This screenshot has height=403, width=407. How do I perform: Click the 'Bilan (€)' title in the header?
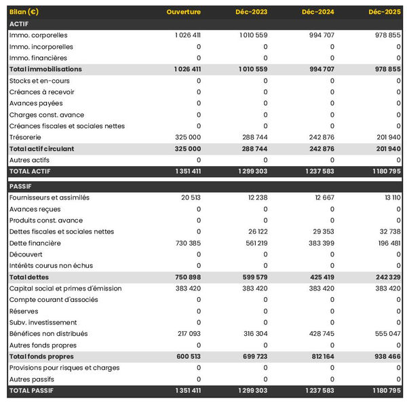point(24,12)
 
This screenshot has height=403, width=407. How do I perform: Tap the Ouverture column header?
point(184,12)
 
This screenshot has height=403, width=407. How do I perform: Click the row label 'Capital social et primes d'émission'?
point(65,288)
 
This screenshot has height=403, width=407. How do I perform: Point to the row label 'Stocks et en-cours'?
point(39,81)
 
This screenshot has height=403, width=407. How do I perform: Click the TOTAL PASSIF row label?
point(31,391)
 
